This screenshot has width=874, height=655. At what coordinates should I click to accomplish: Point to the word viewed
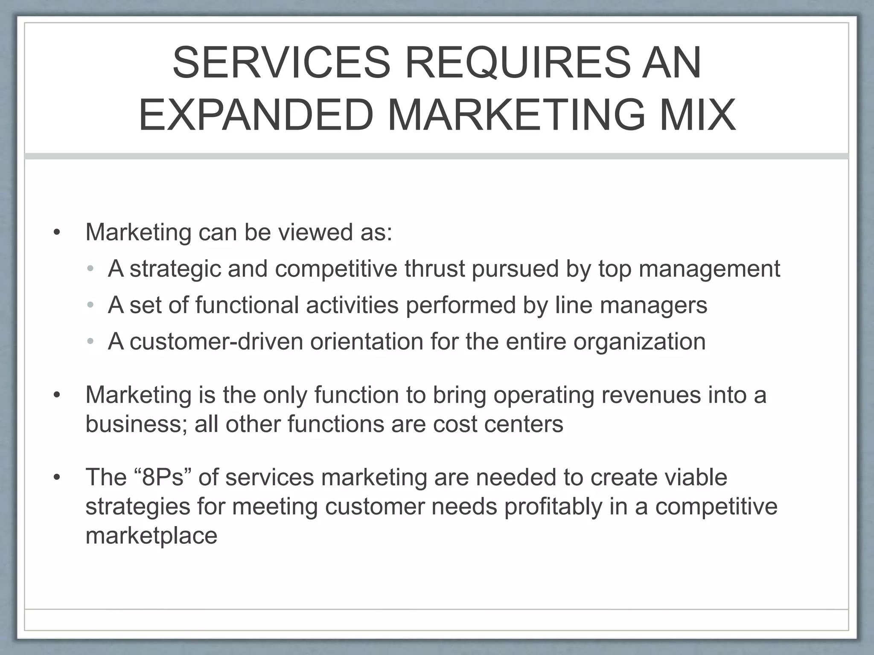[x=315, y=232]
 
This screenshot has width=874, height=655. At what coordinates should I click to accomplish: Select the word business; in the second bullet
[x=136, y=424]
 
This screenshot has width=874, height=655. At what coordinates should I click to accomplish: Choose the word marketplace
[x=151, y=536]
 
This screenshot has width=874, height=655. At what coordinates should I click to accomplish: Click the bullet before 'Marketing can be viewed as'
[x=57, y=233]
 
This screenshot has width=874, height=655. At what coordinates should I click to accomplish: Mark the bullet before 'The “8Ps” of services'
[x=57, y=477]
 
